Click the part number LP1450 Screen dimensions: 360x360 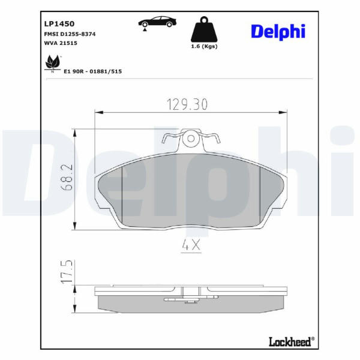[x=59, y=23]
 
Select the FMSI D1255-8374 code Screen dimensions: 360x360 [x=70, y=34]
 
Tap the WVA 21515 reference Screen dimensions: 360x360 [x=61, y=43]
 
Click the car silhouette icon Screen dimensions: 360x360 [x=157, y=22]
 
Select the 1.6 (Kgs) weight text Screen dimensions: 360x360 [x=205, y=46]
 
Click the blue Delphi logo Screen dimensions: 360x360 [x=278, y=32]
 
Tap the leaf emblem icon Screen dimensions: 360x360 [x=53, y=63]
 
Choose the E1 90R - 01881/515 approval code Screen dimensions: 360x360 [x=93, y=71]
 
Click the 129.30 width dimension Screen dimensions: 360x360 [x=187, y=104]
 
